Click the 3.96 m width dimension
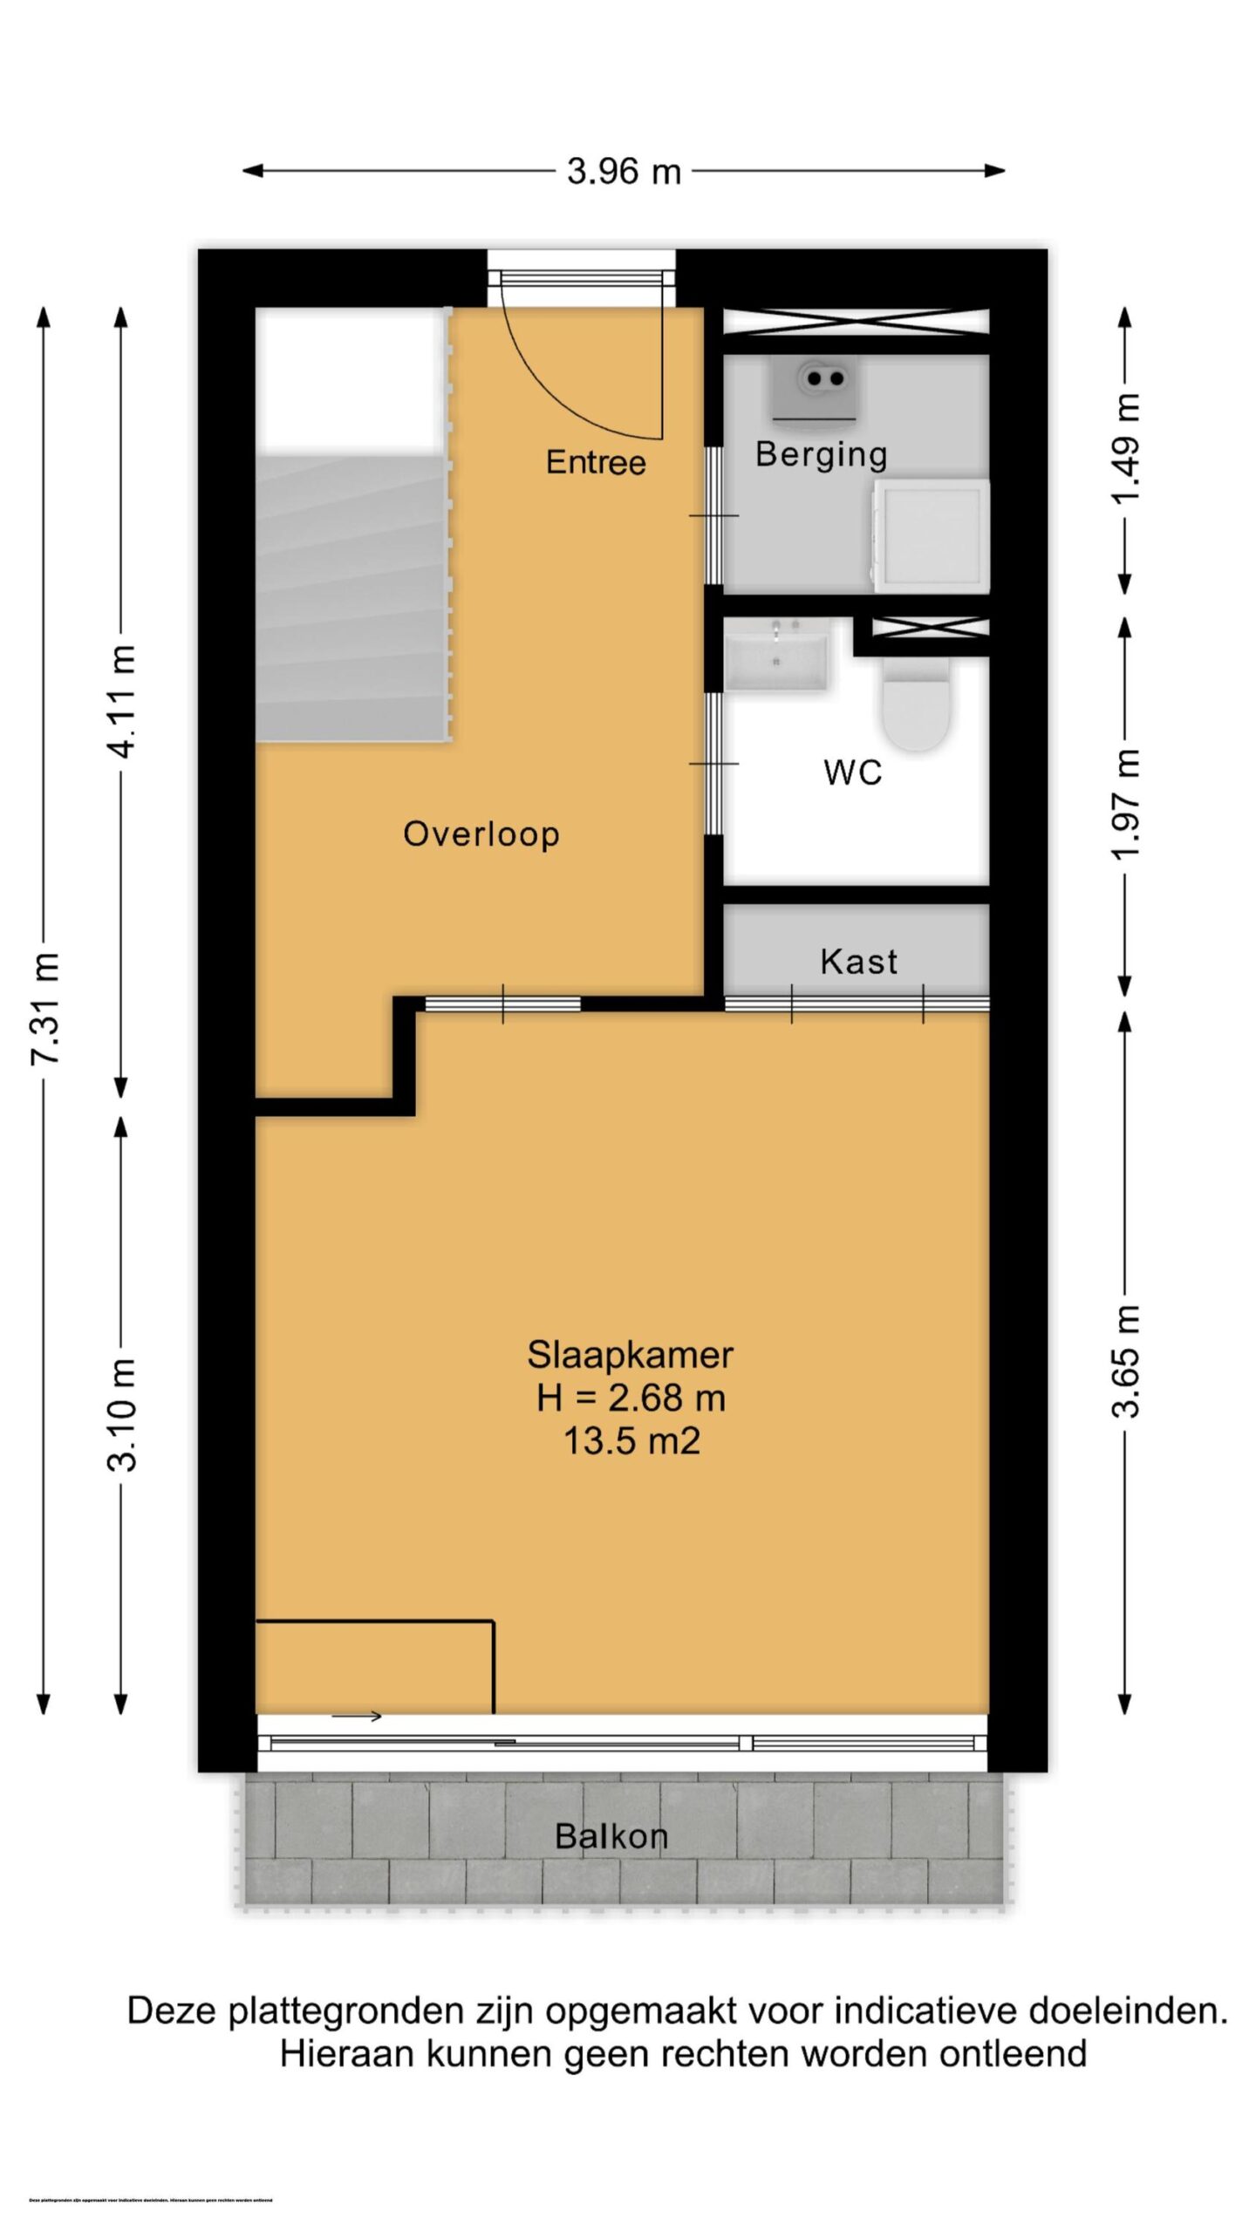pos(624,172)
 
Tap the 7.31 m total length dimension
pos(45,1008)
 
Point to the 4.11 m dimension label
pos(123,703)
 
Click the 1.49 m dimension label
pos(1125,449)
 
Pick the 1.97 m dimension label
pos(1125,804)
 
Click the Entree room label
pos(596,462)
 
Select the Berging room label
pos(821,454)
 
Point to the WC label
pos(852,772)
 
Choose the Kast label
pos(858,962)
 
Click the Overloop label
pos(481,834)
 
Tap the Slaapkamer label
pos(630,1355)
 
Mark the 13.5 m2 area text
pos(631,1440)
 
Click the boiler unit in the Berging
pos(815,387)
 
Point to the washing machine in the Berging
pos(932,535)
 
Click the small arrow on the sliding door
pos(357,1717)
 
